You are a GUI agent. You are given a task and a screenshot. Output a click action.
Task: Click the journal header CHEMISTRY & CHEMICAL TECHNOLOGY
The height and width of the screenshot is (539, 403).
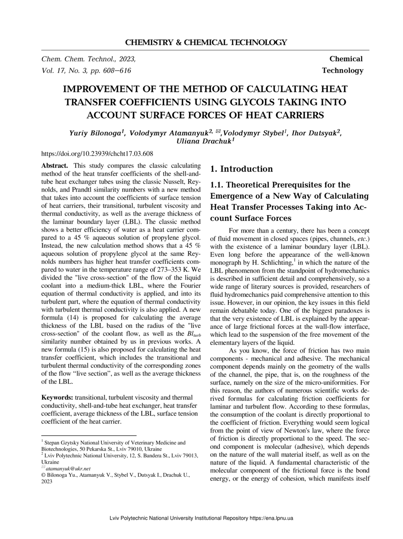[206, 43]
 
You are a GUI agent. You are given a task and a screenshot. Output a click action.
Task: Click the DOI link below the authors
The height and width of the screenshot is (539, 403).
[97, 153]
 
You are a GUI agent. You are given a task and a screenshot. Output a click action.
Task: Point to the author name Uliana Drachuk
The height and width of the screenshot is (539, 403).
[205, 141]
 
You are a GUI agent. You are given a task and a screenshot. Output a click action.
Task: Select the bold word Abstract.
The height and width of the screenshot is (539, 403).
[54, 166]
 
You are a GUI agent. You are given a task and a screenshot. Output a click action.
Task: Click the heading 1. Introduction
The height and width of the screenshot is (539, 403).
[241, 169]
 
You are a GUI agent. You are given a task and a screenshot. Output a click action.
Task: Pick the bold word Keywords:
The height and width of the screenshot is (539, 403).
[58, 397]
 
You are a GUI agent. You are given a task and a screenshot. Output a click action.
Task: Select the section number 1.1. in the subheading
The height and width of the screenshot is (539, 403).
[218, 185]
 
